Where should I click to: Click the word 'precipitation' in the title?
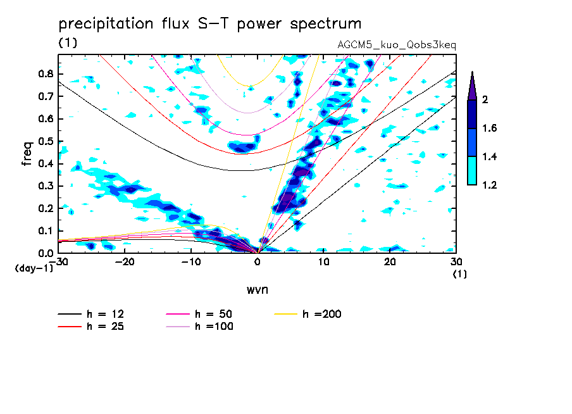(106, 24)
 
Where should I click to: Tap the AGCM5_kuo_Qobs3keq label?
(397, 45)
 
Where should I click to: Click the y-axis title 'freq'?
(27, 153)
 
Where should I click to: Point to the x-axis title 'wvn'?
(258, 290)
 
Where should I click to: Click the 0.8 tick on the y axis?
(46, 73)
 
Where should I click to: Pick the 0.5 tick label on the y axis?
(46, 141)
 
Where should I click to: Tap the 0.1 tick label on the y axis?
(46, 231)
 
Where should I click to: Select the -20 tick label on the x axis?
(125, 262)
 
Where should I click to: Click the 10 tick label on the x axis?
(323, 262)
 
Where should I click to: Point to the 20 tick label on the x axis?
(390, 262)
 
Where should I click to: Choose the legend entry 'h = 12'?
(91, 314)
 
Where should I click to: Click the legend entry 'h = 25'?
(91, 327)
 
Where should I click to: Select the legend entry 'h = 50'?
(199, 314)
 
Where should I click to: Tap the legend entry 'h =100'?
(199, 327)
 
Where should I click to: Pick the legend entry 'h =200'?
(308, 314)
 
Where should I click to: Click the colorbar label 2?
(485, 99)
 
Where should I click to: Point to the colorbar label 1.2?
(489, 185)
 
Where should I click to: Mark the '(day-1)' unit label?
(34, 268)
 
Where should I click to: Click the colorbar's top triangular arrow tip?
(473, 72)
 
